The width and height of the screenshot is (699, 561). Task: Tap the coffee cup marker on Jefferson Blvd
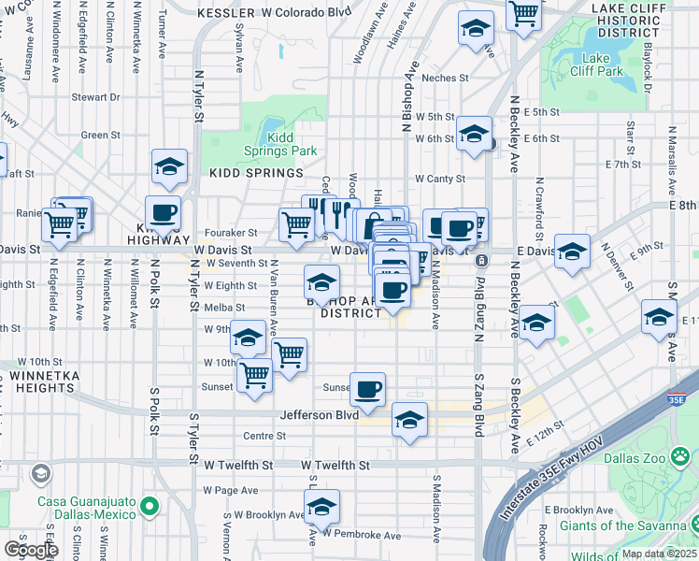367,388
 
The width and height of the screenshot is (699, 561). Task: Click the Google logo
31,550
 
